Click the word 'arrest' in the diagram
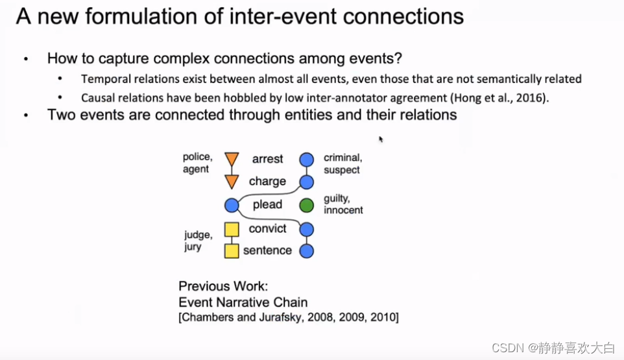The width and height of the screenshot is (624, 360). (267, 159)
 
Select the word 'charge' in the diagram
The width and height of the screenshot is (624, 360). (267, 182)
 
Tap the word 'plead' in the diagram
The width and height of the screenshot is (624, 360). (267, 205)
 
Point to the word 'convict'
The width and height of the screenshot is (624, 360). (267, 228)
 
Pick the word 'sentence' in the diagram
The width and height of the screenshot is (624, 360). (267, 250)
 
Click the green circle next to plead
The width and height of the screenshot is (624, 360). (307, 206)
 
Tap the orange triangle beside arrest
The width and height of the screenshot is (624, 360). (232, 160)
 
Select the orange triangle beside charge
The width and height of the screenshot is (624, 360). (232, 182)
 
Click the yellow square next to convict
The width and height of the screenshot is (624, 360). (232, 229)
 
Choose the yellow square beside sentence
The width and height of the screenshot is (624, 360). (232, 251)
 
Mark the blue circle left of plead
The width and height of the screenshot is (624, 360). (232, 206)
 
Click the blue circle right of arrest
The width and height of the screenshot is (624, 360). (307, 160)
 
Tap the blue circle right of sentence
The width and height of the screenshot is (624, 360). (307, 251)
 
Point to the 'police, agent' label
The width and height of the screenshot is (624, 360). (197, 163)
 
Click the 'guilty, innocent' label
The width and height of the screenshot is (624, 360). (343, 204)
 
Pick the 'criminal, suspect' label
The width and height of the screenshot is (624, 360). (342, 163)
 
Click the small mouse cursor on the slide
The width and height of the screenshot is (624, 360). (381, 139)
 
